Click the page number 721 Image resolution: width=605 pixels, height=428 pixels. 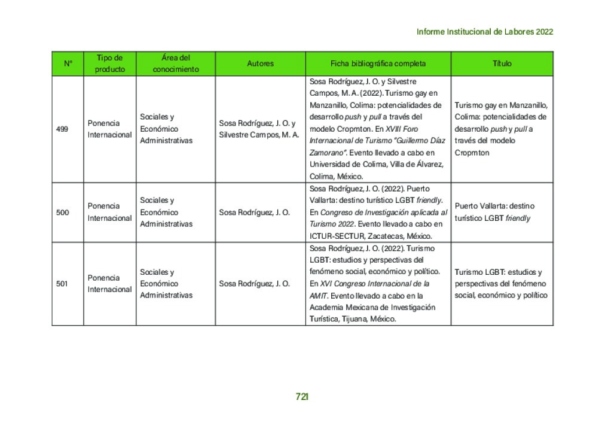(x=302, y=396)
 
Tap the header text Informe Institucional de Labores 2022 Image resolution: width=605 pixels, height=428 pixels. (x=485, y=32)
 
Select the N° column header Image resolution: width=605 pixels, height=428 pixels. (x=68, y=63)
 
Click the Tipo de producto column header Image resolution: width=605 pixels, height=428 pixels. (x=109, y=63)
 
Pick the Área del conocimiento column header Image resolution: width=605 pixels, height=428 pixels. (x=175, y=63)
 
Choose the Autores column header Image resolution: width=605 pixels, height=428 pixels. (x=260, y=63)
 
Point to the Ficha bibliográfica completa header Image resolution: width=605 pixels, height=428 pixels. (x=378, y=63)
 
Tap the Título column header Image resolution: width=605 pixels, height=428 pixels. (x=502, y=63)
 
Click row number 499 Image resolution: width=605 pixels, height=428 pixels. (x=62, y=129)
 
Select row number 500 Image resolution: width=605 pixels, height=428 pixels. (x=62, y=212)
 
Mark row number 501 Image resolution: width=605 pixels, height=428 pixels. (x=62, y=284)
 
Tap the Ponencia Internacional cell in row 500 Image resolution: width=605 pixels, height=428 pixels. (x=109, y=212)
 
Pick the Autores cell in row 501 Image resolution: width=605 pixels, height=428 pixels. (x=254, y=284)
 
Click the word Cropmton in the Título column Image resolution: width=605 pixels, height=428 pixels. (x=472, y=153)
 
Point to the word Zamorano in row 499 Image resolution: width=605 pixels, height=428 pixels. (x=327, y=153)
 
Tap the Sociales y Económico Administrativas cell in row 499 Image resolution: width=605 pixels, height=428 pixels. (x=167, y=129)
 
